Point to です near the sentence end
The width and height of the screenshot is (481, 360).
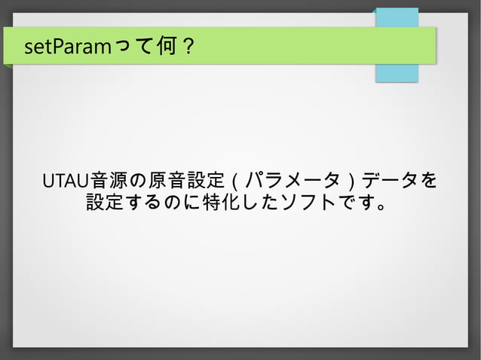(x=355, y=203)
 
